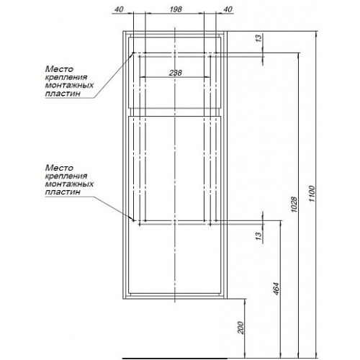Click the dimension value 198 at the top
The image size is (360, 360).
pyautogui.click(x=176, y=9)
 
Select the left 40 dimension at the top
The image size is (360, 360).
pyautogui.click(x=119, y=9)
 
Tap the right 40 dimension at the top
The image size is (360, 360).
pyautogui.click(x=228, y=9)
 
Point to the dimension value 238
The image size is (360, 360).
pyautogui.click(x=176, y=73)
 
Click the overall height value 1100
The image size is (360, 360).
pyautogui.click(x=312, y=194)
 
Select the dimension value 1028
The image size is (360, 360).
pyautogui.click(x=294, y=204)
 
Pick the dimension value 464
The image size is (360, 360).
pyautogui.click(x=276, y=289)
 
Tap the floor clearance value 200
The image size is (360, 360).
pyautogui.click(x=240, y=328)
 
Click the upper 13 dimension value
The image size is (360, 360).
pyautogui.click(x=258, y=38)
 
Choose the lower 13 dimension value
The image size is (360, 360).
pyautogui.click(x=258, y=236)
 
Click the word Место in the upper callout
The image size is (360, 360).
pyautogui.click(x=59, y=69)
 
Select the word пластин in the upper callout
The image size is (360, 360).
pyautogui.click(x=63, y=94)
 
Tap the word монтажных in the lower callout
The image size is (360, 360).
pyautogui.click(x=69, y=184)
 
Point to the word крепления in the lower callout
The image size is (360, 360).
pyautogui.click(x=66, y=176)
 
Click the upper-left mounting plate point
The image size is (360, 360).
pyautogui.click(x=134, y=53)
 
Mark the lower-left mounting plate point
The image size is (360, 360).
pyautogui.click(x=134, y=220)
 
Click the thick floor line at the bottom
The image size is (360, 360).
pyautogui.click(x=175, y=359)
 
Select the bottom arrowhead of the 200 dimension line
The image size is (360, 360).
pyautogui.click(x=246, y=356)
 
